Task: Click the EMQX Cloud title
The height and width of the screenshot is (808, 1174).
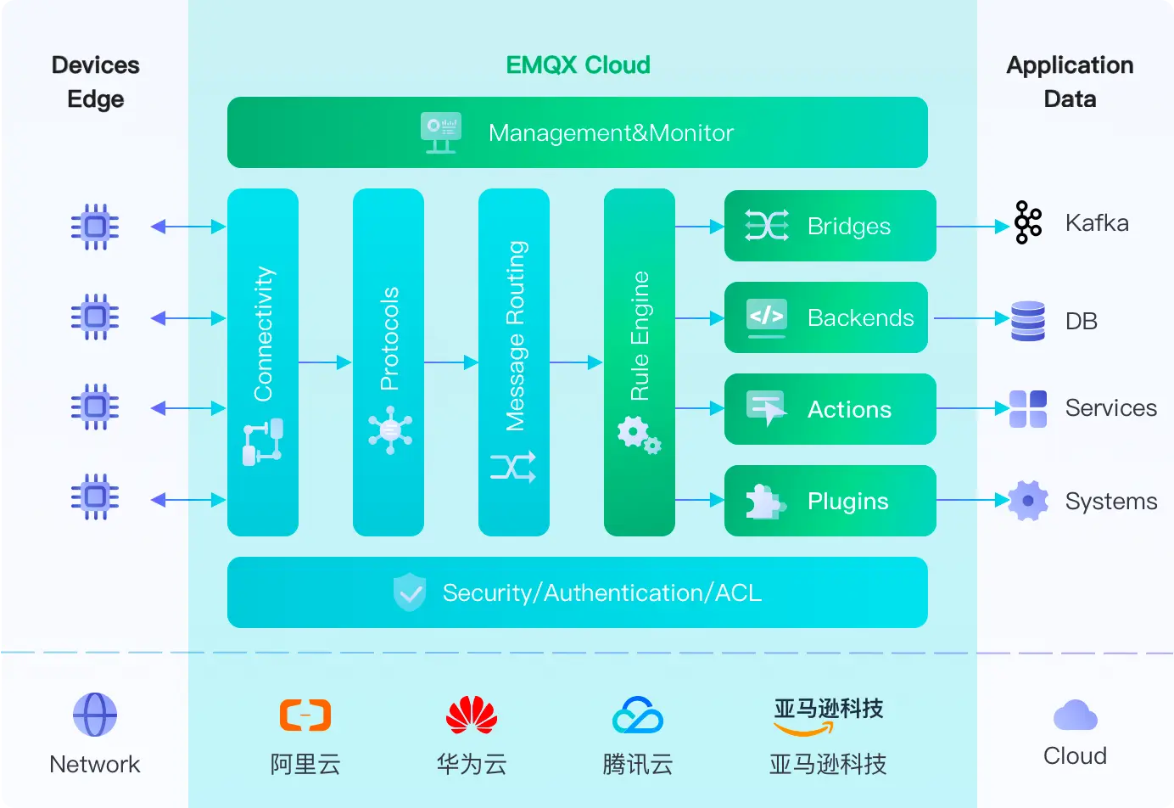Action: click(578, 65)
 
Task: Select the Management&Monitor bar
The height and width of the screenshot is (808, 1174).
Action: click(577, 132)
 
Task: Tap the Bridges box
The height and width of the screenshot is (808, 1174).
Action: click(830, 226)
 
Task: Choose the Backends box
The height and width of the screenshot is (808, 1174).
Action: click(825, 317)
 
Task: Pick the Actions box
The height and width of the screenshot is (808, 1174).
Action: click(830, 409)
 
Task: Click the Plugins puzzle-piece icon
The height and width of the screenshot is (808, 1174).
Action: click(764, 501)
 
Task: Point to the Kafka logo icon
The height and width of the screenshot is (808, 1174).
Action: click(1028, 222)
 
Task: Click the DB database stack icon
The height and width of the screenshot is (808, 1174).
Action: click(1028, 321)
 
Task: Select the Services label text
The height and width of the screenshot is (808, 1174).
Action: click(1110, 408)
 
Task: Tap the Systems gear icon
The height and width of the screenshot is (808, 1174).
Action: click(1028, 501)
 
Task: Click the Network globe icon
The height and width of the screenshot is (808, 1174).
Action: click(95, 715)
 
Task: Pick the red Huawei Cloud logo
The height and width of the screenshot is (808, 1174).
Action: click(472, 715)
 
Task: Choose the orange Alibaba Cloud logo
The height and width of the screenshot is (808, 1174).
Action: click(305, 715)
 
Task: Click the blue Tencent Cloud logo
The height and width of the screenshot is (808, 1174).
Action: click(638, 715)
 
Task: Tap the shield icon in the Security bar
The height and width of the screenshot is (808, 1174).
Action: click(410, 592)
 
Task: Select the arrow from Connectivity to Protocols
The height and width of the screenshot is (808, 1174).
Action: click(325, 362)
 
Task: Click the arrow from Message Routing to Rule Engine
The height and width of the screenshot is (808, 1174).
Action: click(576, 362)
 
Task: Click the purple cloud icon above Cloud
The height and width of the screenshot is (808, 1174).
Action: click(1075, 715)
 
